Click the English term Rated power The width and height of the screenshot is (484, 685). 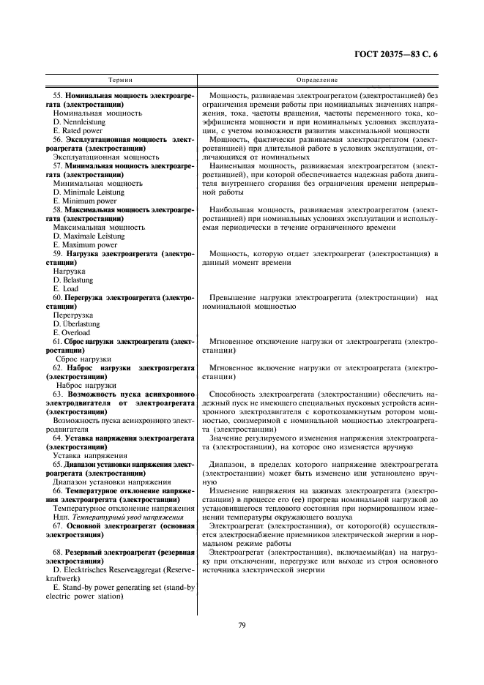coord(78,131)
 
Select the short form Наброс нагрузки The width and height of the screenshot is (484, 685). coord(86,385)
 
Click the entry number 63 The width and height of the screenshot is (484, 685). coord(56,394)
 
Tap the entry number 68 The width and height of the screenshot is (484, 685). coord(56,550)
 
